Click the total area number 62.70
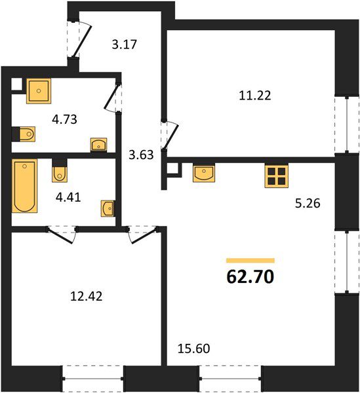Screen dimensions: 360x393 pos(250,277)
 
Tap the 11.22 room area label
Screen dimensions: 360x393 pos(255,96)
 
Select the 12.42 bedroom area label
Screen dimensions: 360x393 pos(87,297)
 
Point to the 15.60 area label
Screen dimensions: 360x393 pos(193,348)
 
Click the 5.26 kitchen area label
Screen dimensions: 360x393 pos(308,203)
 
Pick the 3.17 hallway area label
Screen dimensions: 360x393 pos(124,45)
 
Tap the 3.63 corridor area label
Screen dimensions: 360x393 pos(141,155)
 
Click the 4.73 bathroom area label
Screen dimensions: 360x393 pos(64,119)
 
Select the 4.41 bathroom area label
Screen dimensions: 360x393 pos(68,197)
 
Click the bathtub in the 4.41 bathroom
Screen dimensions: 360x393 pos(24,186)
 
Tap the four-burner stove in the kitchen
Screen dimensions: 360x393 pos(276,176)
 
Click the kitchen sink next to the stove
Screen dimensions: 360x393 pos(204,173)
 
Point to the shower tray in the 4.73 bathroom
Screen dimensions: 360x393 pos(39,91)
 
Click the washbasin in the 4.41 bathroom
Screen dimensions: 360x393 pos(108,208)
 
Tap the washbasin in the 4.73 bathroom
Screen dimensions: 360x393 pos(98,145)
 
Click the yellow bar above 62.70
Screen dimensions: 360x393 pos(250,261)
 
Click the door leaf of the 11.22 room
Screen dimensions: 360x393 pos(170,137)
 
